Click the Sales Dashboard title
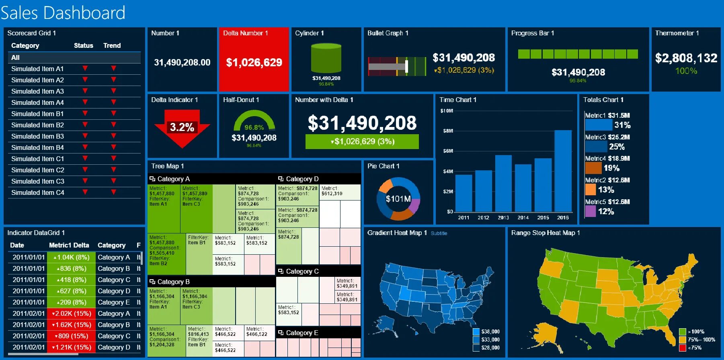click(x=63, y=13)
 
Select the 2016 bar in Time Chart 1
click(x=563, y=171)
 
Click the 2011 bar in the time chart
click(x=464, y=193)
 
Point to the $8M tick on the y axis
click(x=448, y=131)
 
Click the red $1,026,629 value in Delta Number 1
click(x=254, y=62)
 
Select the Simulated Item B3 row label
click(x=37, y=136)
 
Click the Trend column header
click(x=112, y=45)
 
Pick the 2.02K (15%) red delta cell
click(x=72, y=313)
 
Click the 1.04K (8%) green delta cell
click(x=72, y=257)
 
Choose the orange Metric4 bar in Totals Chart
click(x=593, y=168)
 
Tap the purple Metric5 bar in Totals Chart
click(x=590, y=211)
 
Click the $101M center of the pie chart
click(x=398, y=199)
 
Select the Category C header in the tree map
click(x=302, y=271)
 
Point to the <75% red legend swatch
click(x=682, y=348)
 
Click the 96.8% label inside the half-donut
click(x=254, y=127)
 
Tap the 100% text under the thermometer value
click(x=686, y=71)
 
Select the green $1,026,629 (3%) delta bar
click(x=362, y=141)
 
